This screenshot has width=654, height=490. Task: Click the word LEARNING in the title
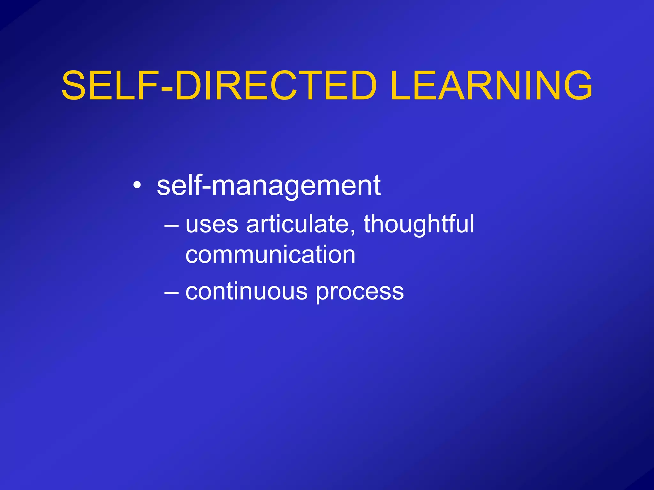point(491,85)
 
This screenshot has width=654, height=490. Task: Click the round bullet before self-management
point(137,186)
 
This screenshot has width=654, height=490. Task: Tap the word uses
point(212,224)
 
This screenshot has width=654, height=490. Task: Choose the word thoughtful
point(419,224)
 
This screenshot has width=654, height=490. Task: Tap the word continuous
point(246,291)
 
